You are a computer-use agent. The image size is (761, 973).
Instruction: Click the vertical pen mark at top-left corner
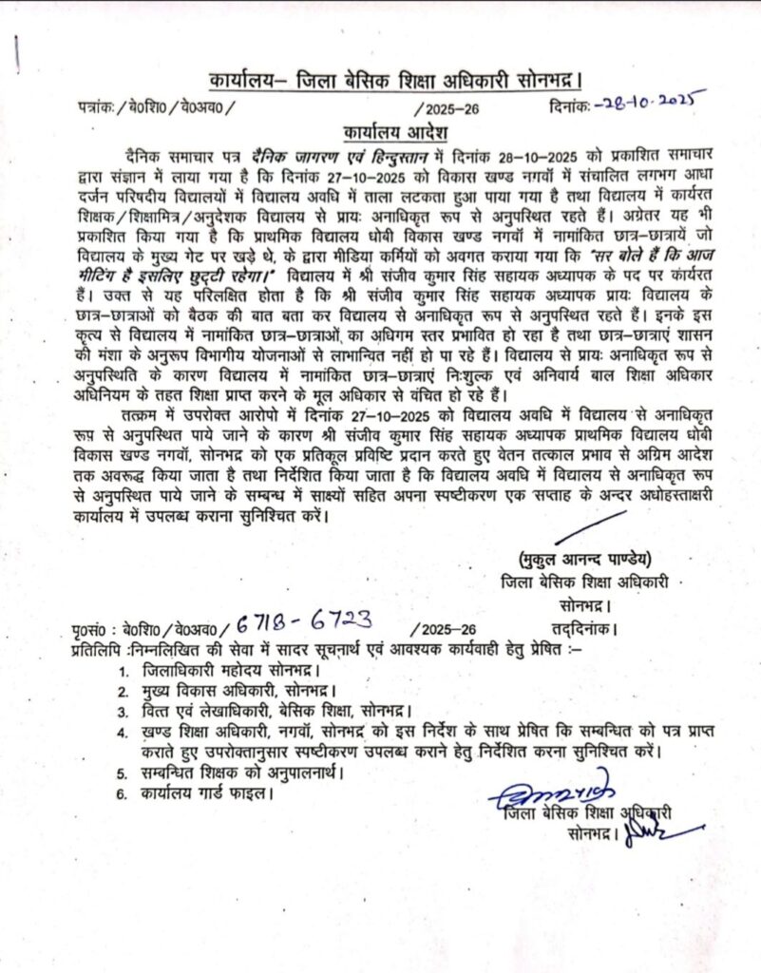click(x=20, y=48)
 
